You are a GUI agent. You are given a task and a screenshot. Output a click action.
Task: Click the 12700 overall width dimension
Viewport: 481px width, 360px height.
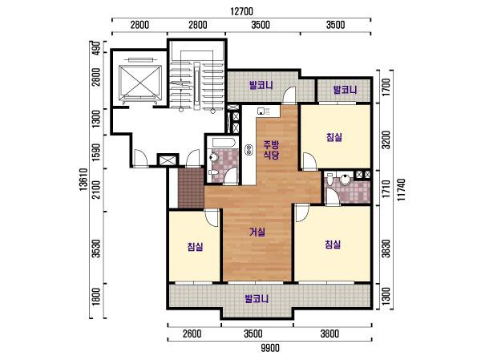click(242, 11)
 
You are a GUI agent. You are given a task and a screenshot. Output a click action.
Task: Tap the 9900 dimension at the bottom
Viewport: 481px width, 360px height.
click(270, 348)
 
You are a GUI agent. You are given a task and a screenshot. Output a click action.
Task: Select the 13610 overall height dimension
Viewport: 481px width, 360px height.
click(83, 180)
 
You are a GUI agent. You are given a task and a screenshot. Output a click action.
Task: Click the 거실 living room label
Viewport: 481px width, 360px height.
click(257, 232)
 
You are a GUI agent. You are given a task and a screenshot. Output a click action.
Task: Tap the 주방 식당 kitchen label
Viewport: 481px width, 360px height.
click(272, 149)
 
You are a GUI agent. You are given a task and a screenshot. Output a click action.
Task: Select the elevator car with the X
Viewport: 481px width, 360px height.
click(139, 81)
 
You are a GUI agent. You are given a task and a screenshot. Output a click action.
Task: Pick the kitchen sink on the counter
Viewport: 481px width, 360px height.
click(261, 111)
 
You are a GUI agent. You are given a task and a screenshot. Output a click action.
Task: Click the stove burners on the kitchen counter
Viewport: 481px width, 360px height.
click(249, 149)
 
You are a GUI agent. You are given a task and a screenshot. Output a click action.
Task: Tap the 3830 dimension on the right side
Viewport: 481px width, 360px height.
click(386, 249)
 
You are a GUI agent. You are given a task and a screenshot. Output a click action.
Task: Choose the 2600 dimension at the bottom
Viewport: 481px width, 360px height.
click(192, 334)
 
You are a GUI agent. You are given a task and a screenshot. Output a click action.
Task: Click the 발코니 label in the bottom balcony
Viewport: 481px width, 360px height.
click(257, 298)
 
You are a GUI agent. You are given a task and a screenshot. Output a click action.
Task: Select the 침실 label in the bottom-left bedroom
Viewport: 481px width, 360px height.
click(196, 246)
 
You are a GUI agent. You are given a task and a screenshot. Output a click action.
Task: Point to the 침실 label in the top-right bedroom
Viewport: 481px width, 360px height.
click(334, 137)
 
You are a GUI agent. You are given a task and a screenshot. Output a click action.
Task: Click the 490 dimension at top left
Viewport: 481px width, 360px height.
click(96, 47)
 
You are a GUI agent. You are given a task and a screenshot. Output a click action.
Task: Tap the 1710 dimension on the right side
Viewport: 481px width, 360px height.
click(386, 188)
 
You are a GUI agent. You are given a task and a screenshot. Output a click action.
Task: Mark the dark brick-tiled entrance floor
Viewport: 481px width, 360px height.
click(191, 188)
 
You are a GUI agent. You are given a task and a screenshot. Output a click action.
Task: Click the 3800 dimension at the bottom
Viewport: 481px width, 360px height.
click(329, 334)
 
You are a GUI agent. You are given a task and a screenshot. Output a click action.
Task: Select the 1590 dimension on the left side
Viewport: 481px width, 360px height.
click(96, 152)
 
